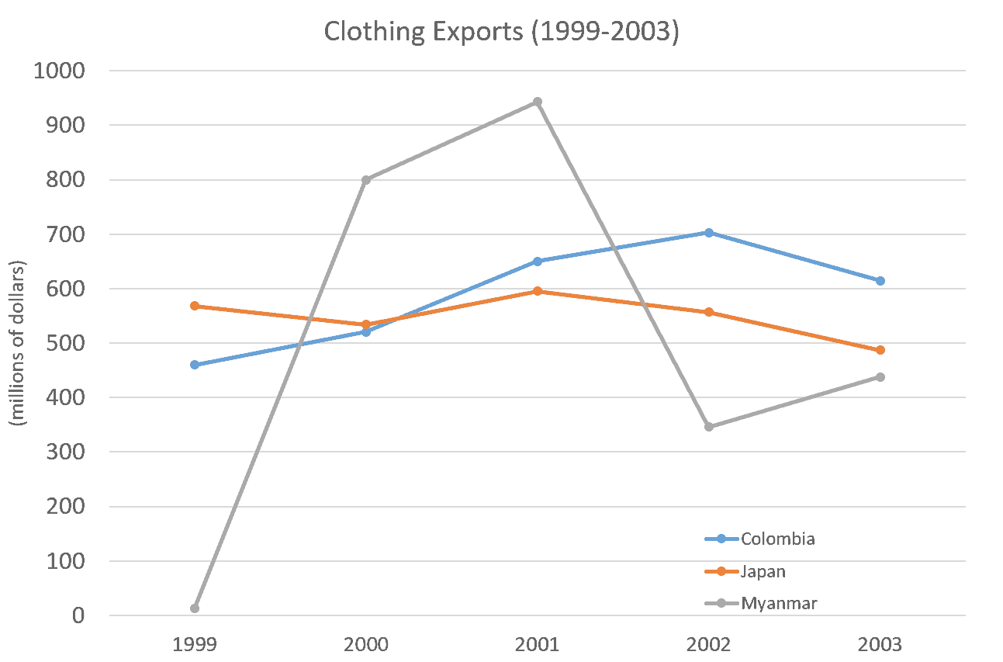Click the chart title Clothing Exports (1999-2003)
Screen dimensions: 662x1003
pyautogui.click(x=501, y=33)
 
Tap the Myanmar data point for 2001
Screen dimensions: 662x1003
pyautogui.click(x=538, y=102)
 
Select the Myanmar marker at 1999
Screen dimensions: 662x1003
pyautogui.click(x=195, y=608)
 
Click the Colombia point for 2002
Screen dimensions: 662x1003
pyautogui.click(x=708, y=233)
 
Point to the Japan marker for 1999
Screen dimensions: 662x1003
pyautogui.click(x=195, y=306)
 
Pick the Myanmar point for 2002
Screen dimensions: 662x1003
pyautogui.click(x=708, y=427)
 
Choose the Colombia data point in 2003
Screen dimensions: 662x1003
pyautogui.click(x=880, y=281)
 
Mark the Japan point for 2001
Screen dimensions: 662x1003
pyautogui.click(x=538, y=291)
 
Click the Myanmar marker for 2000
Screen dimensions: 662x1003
pyautogui.click(x=366, y=180)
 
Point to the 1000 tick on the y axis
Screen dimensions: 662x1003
pyautogui.click(x=60, y=71)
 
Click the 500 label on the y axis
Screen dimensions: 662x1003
pyautogui.click(x=67, y=344)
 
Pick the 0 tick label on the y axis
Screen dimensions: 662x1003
pyautogui.click(x=78, y=616)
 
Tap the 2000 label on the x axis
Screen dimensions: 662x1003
pyautogui.click(x=366, y=644)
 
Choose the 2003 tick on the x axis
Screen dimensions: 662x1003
pyautogui.click(x=880, y=644)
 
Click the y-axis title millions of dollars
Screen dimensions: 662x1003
pyautogui.click(x=17, y=343)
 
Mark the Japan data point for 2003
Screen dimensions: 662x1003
pyautogui.click(x=880, y=350)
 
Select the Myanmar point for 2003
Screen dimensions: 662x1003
pyautogui.click(x=880, y=377)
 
